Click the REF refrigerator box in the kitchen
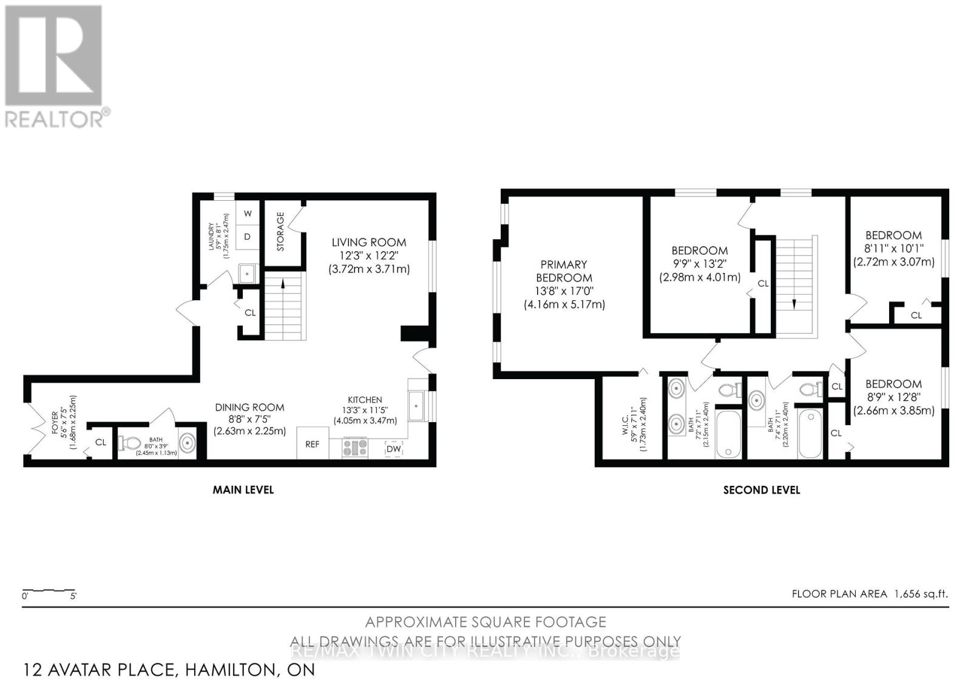pyautogui.click(x=312, y=443)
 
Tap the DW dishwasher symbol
pyautogui.click(x=393, y=448)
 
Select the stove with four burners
pyautogui.click(x=356, y=448)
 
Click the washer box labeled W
pyautogui.click(x=248, y=214)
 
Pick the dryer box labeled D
pyautogui.click(x=248, y=237)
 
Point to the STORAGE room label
pyautogui.click(x=280, y=231)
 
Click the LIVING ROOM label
pyautogui.click(x=368, y=242)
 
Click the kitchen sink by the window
pyautogui.click(x=416, y=406)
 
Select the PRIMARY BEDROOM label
pyautogui.click(x=564, y=271)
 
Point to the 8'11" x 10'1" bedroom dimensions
pyautogui.click(x=893, y=249)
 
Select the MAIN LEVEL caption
pyautogui.click(x=243, y=489)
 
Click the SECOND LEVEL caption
pyautogui.click(x=761, y=490)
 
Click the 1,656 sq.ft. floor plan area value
pyautogui.click(x=920, y=594)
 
